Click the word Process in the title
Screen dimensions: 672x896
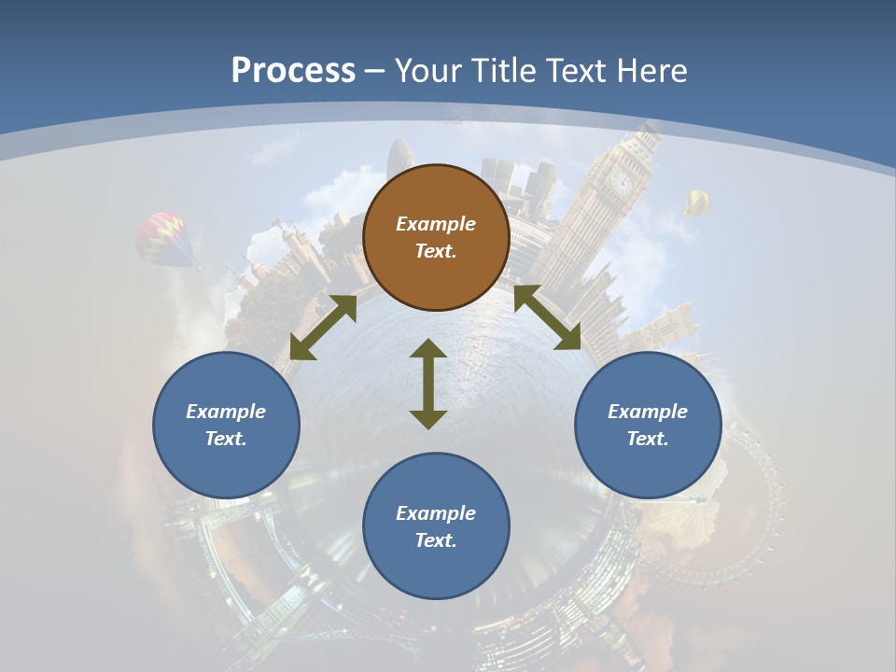[x=293, y=71]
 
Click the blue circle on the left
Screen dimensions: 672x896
[x=226, y=425]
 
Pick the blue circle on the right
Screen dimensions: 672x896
[x=648, y=425]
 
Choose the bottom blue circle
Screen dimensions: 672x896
[x=436, y=526]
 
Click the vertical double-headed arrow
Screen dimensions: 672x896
[x=428, y=384]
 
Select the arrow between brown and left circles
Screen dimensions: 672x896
[x=323, y=328]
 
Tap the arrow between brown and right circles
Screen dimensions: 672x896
[x=548, y=318]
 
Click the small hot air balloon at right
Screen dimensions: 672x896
[x=697, y=201]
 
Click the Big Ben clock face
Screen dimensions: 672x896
[x=622, y=181]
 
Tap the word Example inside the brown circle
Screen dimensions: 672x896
[x=436, y=224]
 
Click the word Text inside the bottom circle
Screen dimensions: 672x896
[x=436, y=540]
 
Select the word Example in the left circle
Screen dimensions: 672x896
[x=226, y=412]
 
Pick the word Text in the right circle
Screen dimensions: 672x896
[x=648, y=439]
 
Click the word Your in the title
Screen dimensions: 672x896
[x=426, y=71]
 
